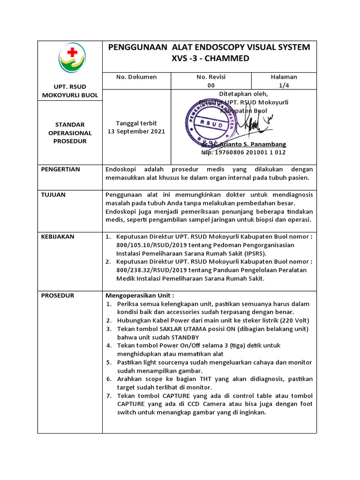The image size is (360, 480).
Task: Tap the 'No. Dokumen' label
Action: (136, 77)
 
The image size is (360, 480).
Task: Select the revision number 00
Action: (211, 85)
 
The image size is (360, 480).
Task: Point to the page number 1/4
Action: (284, 85)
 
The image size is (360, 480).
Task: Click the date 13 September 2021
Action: (136, 131)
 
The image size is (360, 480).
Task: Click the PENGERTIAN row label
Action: (60, 169)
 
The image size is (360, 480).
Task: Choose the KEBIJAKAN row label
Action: (58, 236)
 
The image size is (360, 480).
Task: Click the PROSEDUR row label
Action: (57, 295)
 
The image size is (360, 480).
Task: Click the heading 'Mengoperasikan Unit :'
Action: (140, 295)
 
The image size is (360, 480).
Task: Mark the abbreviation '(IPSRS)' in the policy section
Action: (254, 253)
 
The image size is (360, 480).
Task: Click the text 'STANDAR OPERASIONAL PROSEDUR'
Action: (70, 133)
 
